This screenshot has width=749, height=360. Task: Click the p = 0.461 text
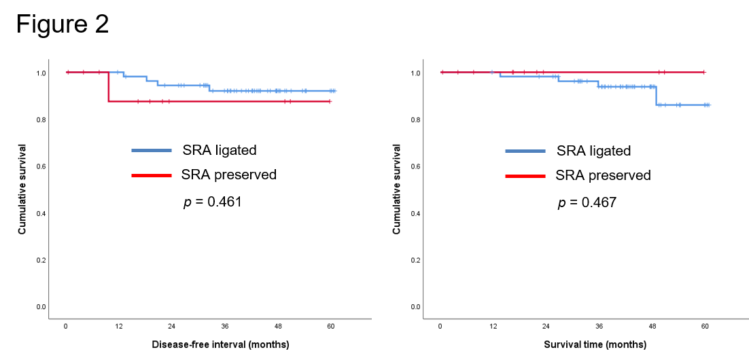[x=213, y=202]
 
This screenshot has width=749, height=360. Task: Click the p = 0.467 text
[x=587, y=202]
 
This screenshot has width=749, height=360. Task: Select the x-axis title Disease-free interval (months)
[x=220, y=344]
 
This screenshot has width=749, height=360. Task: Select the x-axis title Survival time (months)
[x=595, y=344]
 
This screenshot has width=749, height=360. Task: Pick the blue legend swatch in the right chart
[x=525, y=151]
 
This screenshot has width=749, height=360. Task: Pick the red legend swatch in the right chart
[x=525, y=176]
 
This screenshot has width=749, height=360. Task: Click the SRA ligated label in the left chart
[x=219, y=150]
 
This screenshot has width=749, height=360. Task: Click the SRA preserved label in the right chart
[x=603, y=175]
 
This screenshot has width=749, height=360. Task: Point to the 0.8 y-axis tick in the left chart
[x=41, y=120]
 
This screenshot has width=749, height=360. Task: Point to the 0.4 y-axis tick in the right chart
[x=415, y=213]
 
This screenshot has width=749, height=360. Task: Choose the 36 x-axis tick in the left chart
[x=225, y=326]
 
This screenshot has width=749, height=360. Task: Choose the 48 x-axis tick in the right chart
[x=652, y=326]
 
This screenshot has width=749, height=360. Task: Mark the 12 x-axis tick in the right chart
[x=493, y=326]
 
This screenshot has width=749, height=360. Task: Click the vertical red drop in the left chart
[x=108, y=87]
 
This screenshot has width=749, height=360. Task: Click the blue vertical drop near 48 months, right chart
[x=657, y=96]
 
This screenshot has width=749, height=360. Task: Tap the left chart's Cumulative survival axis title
[x=22, y=189]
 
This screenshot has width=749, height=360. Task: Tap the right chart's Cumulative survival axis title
[x=397, y=189]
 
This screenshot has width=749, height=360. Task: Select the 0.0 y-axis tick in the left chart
[x=41, y=307]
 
